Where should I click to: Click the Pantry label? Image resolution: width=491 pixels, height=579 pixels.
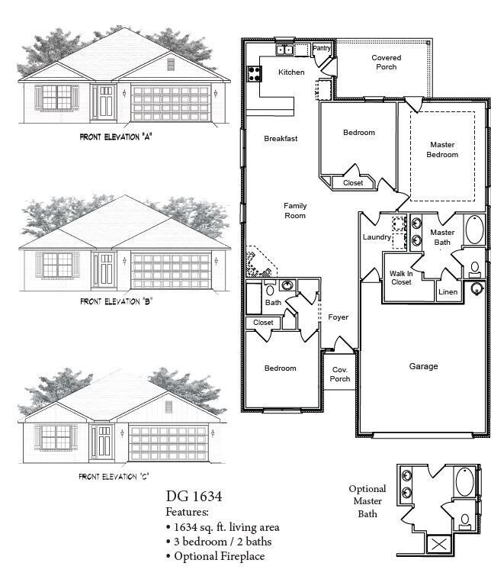coord(323,49)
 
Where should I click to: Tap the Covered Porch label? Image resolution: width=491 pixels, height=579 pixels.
coord(387,62)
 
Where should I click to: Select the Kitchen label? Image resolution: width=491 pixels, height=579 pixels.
coord(291,72)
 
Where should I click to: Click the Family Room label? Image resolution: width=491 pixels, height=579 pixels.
coord(295,211)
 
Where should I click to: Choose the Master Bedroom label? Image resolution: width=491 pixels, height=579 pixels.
coord(442,150)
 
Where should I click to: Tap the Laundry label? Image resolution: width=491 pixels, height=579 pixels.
coord(377,237)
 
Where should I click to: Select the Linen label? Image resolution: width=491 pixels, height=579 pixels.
coord(447,292)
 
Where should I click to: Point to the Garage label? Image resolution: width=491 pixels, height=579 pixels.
coord(423,366)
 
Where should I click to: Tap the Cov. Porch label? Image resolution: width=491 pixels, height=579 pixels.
coord(340,374)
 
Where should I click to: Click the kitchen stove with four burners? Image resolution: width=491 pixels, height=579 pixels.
coord(254,74)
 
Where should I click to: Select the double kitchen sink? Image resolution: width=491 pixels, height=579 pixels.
coord(286,50)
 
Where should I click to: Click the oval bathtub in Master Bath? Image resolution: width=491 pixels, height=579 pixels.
coord(474,230)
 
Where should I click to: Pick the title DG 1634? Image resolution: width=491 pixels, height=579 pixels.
coord(194,497)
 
